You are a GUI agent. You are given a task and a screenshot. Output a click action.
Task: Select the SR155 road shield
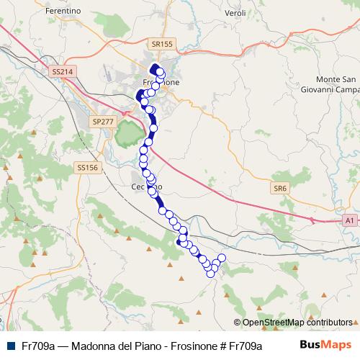(x=163, y=44)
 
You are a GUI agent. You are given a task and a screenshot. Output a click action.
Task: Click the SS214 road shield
(x=63, y=72)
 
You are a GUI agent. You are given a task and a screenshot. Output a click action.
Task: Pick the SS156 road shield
(x=86, y=167)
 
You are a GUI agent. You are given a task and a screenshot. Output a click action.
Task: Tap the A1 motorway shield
(x=349, y=220)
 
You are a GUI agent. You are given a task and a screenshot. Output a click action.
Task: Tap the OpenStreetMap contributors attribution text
(x=297, y=323)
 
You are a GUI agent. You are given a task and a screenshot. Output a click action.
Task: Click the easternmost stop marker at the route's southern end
(x=222, y=258)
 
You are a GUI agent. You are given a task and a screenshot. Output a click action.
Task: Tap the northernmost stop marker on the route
(x=155, y=69)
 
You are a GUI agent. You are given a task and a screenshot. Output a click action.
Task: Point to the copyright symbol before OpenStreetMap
(x=238, y=323)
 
